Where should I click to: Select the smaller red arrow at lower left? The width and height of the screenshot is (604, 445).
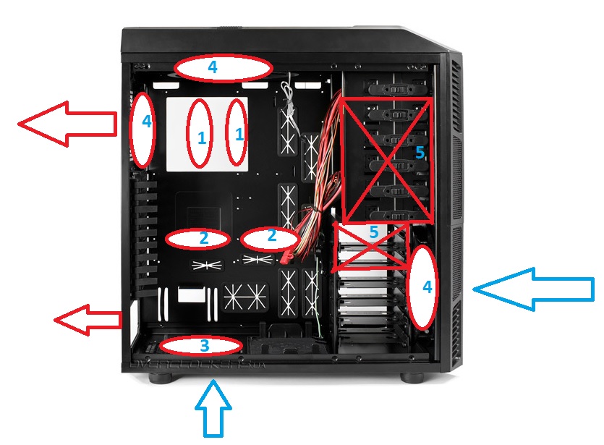point(88,319)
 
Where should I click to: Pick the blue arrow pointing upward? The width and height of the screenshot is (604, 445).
point(213,409)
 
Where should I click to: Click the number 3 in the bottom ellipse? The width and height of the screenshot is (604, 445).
point(204,347)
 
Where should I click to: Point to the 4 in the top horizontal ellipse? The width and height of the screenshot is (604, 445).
point(212,67)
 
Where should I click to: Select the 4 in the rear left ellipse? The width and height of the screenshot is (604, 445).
point(147,122)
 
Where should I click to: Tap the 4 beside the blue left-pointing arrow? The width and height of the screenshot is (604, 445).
point(427,287)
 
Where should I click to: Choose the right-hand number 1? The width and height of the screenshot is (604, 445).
point(239,134)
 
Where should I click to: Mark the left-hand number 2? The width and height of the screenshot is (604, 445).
point(203,237)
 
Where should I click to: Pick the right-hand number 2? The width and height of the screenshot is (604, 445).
point(271,235)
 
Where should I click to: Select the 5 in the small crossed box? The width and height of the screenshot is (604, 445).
point(373,233)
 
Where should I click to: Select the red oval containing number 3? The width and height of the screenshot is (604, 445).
point(181,347)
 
